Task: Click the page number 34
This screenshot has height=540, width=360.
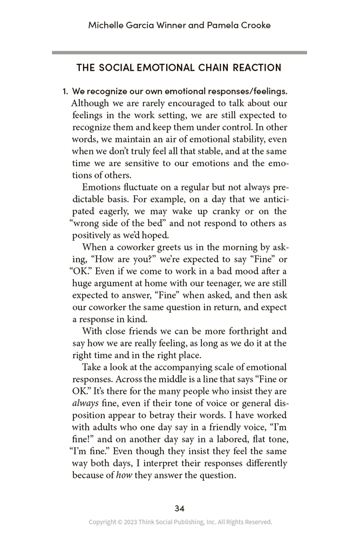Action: pos(180,508)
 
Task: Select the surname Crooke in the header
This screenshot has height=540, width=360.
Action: pos(253,25)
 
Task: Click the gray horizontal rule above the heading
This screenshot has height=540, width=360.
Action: pos(180,52)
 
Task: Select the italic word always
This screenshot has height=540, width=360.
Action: pos(85,404)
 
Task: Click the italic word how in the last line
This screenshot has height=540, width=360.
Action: pos(124,475)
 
